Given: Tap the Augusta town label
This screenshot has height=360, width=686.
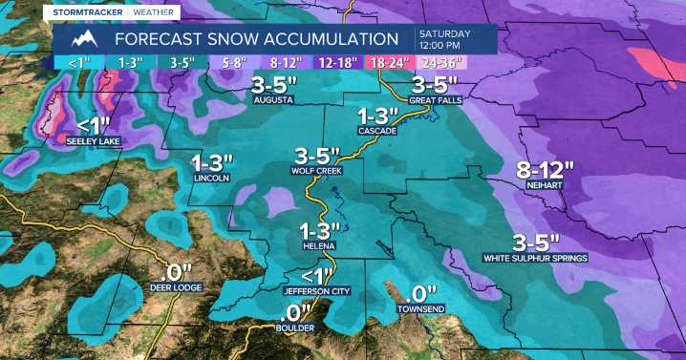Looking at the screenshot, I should click(272, 99).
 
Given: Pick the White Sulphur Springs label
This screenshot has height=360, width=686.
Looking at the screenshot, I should click(535, 258).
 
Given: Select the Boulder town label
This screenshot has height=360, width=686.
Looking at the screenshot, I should click(296, 328).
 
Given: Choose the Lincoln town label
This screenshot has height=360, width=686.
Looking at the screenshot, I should click(211, 178).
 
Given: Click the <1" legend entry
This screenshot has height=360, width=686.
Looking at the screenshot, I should click(77, 63).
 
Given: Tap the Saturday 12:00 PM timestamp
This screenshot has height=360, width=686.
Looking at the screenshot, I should click(439, 39).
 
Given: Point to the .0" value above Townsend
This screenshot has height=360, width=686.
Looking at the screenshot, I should click(420, 293).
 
